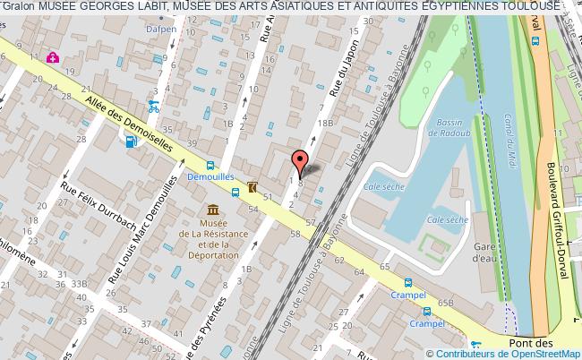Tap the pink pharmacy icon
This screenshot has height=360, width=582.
pyautogui.click(x=53, y=58)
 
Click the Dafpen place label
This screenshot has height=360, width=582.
pyautogui.click(x=161, y=29)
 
